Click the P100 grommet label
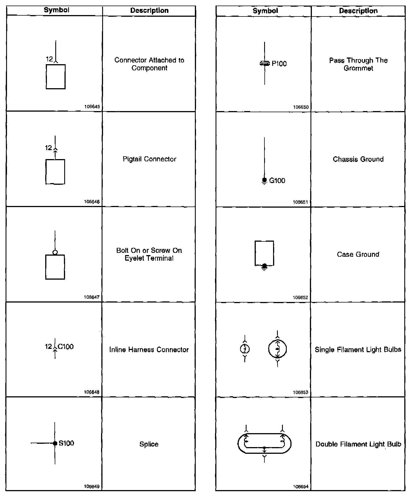[x=279, y=64]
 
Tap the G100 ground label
[x=277, y=181]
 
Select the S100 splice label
[x=66, y=443]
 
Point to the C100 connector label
[x=66, y=347]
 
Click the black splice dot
[x=55, y=443]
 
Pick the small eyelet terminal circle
[x=55, y=253]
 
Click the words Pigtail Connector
[x=149, y=159]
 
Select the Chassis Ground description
[x=358, y=159]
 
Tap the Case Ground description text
[x=358, y=255]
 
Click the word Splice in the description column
[x=149, y=444]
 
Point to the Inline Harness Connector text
[x=149, y=350]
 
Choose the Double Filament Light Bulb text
[x=358, y=444]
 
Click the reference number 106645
[x=92, y=107]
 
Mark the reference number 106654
[x=301, y=487]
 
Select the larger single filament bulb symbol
[x=278, y=349]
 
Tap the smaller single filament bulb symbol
[x=245, y=349]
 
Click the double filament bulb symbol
[x=264, y=444]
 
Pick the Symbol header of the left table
[x=56, y=10]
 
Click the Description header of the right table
[x=358, y=11]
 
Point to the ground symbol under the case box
[x=264, y=267]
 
